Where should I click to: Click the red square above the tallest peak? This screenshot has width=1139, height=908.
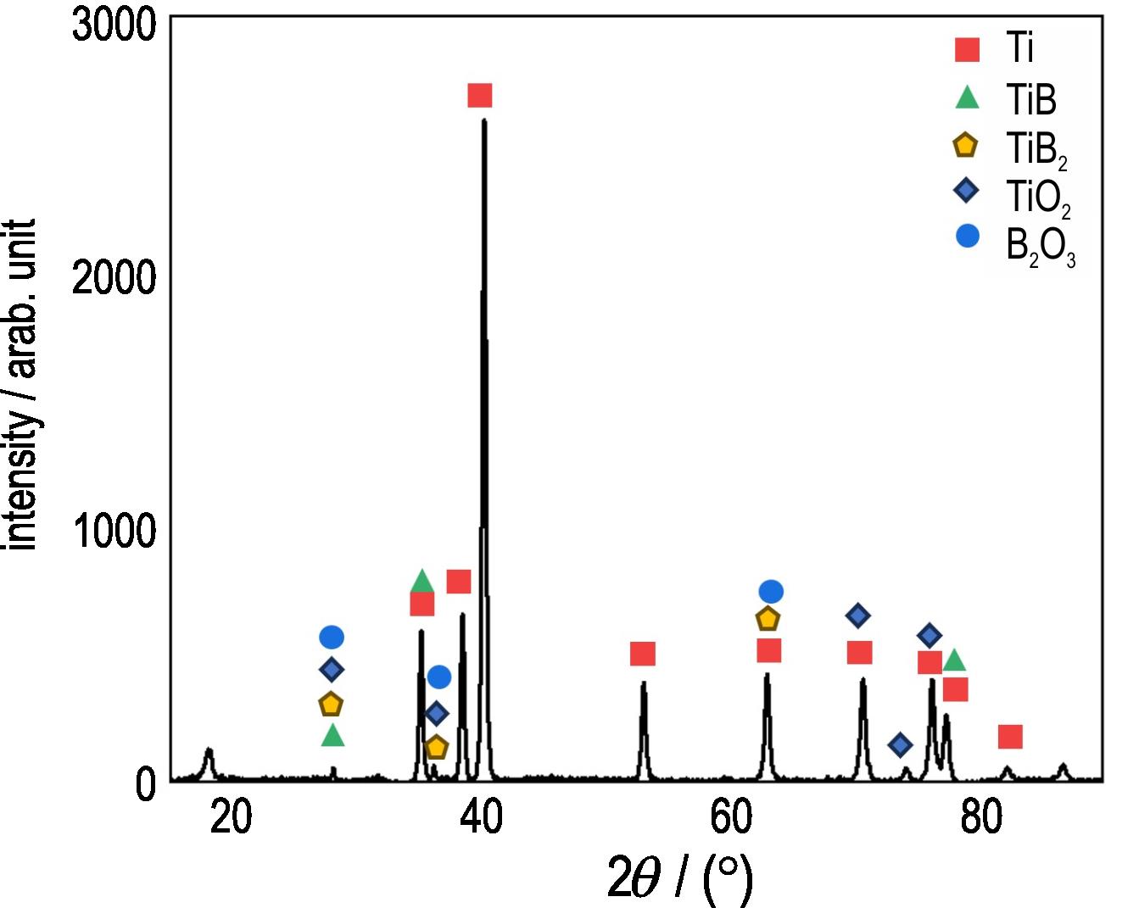pos(480,96)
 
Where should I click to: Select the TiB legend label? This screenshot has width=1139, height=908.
pos(1031,100)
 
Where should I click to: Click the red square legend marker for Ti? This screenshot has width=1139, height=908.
pos(967,49)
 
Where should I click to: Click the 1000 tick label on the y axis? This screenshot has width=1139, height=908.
pos(114,532)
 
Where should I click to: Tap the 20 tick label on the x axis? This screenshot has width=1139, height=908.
pos(231,818)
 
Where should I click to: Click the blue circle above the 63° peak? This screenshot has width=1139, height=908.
pos(771,592)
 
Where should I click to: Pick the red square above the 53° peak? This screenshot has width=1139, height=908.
pos(643,654)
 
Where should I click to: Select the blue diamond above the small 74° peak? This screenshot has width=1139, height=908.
pos(901,745)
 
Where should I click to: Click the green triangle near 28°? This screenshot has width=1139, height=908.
pos(333,735)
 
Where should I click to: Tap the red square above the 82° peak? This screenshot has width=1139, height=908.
pos(1009,737)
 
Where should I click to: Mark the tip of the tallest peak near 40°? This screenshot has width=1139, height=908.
pos(483,120)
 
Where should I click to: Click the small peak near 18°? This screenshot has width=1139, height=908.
pos(209,751)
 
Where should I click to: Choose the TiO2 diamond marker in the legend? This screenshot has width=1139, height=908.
pos(966,191)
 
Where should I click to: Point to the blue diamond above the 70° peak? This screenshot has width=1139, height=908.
pos(857,616)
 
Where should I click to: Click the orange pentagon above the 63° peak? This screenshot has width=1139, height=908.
pos(768,619)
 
